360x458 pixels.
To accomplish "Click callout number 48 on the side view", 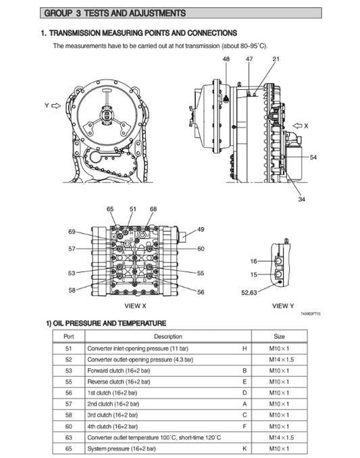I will [226, 60].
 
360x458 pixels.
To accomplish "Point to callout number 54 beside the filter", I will [313, 157].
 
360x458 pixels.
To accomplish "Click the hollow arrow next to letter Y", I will [56, 105].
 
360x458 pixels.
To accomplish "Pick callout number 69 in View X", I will [72, 232].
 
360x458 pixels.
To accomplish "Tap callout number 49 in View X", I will [201, 230].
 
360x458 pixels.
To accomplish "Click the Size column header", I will [279, 336].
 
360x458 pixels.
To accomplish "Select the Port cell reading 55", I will [68, 382].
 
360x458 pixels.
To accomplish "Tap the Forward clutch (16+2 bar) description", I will [116, 371].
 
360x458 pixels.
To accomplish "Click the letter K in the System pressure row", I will [244, 448].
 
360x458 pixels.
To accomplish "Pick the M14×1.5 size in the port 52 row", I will [279, 359].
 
